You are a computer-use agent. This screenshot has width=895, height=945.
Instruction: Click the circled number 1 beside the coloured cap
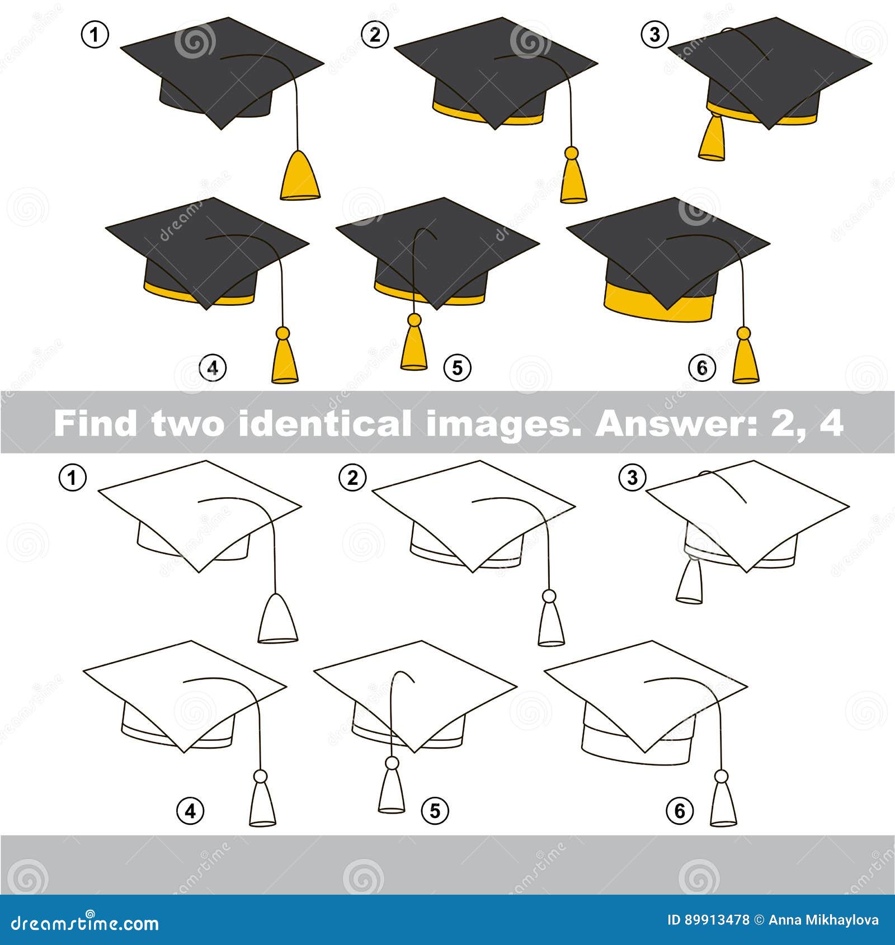(x=95, y=35)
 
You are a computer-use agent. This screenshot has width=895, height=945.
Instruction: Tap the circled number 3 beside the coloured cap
(x=654, y=35)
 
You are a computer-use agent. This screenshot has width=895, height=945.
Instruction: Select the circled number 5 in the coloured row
(x=457, y=368)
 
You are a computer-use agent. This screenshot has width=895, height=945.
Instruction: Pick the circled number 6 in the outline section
(x=680, y=810)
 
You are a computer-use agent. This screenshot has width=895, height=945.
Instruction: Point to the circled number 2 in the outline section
(x=352, y=478)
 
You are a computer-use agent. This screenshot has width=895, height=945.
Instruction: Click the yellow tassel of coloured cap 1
(x=300, y=175)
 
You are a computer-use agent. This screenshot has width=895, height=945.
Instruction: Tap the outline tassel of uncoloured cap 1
(x=277, y=618)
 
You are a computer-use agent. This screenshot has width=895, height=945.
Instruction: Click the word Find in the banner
(x=96, y=423)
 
